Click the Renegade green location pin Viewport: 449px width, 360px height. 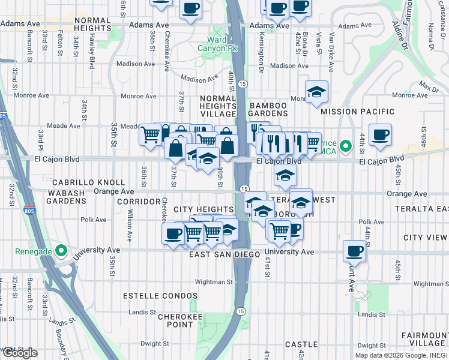pos(60,250)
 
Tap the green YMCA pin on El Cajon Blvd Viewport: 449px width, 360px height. pos(345,146)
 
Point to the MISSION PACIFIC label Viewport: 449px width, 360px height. pos(357,112)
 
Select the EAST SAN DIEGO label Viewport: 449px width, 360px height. pos(224,254)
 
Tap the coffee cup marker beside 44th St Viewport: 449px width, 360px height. pos(379,135)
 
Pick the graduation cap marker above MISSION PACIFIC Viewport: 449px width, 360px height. pos(316,92)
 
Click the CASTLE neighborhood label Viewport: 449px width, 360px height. pos(301,344)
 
